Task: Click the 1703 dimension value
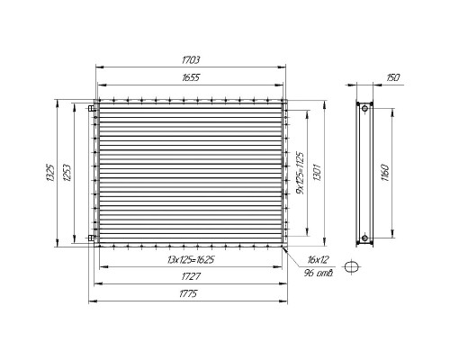(191, 60)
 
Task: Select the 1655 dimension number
(191, 77)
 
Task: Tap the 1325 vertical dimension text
(50, 173)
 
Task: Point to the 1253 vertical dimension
(67, 173)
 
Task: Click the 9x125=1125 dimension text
(300, 173)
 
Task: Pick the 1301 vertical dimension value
(317, 172)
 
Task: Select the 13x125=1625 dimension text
(191, 259)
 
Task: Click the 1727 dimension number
(191, 276)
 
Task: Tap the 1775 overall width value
(188, 293)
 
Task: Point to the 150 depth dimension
(393, 77)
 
